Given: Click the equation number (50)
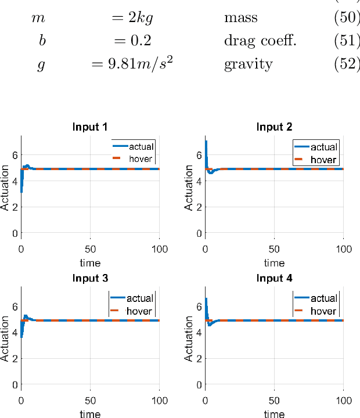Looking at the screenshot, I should coord(347,18).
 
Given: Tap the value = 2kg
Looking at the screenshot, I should coord(131,18).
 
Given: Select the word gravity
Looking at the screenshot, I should coord(248,64).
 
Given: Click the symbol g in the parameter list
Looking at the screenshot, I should coord(41,64).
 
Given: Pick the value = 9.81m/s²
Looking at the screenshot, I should coord(132,63).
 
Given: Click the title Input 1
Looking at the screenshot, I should coord(90,127).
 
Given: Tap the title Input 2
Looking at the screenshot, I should coord(274,127).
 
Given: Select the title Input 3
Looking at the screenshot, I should coord(90,278).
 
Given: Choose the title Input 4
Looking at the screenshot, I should coord(274,278).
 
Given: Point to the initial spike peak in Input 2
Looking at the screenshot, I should coord(206,142).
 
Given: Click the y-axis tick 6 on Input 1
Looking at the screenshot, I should coord(13,155).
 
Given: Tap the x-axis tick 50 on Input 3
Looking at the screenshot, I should coord(90,401).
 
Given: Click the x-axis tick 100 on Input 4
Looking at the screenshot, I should coord(344,401).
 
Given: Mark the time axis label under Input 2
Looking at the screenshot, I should coord(274,262).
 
